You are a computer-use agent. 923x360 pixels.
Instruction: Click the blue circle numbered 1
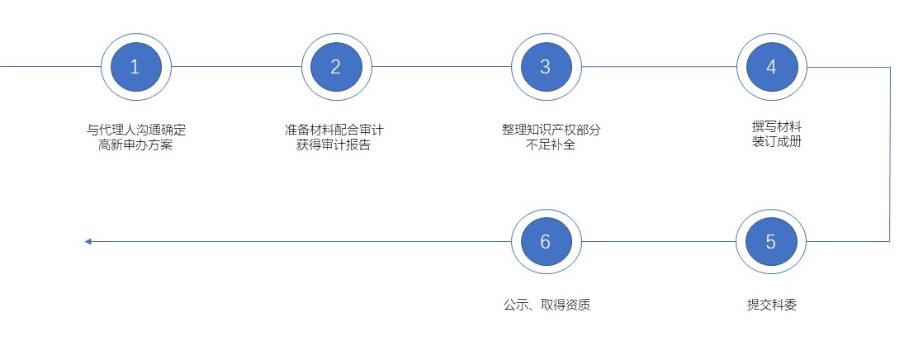[x=136, y=67]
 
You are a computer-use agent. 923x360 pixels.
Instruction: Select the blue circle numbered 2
[x=336, y=67]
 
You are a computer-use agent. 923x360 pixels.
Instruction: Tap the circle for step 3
[x=546, y=67]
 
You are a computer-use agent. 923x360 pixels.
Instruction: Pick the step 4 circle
[x=772, y=67]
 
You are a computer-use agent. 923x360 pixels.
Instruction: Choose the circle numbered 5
[x=771, y=241]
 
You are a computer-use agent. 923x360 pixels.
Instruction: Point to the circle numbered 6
[x=546, y=241]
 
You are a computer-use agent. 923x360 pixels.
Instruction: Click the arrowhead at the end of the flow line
[x=88, y=241]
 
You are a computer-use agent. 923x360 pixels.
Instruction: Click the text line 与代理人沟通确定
[x=136, y=130]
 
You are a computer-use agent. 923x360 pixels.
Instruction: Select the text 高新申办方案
[x=136, y=145]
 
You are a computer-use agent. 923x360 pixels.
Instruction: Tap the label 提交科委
[x=772, y=306]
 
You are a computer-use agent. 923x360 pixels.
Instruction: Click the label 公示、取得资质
[x=547, y=306]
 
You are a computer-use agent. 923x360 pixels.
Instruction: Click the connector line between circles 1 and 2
[x=236, y=67]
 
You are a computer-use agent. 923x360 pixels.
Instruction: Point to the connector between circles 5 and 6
[x=659, y=241]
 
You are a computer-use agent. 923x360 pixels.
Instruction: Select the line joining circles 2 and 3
[x=442, y=67]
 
